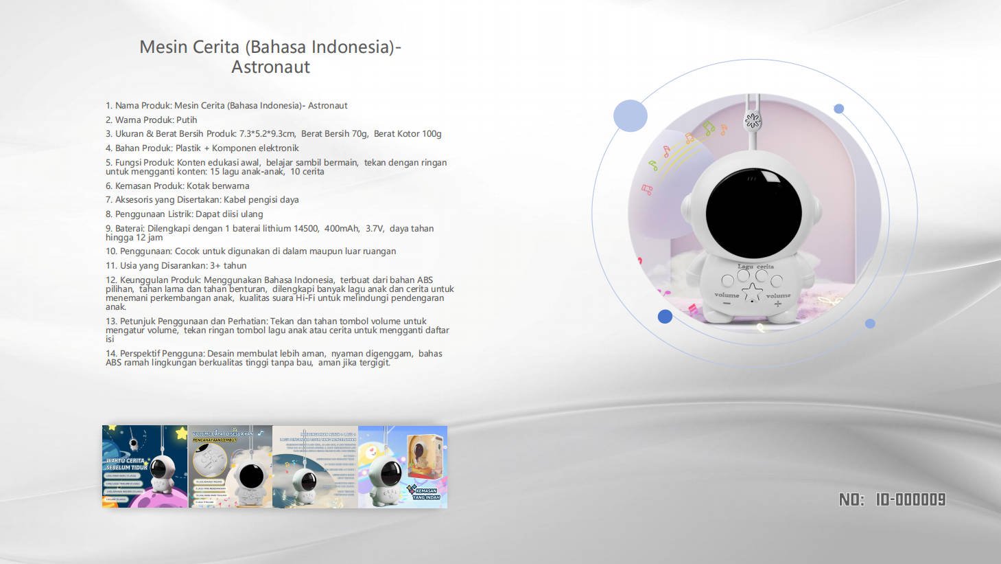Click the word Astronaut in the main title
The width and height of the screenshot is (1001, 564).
[270, 67]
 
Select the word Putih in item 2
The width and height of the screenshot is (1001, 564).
[187, 120]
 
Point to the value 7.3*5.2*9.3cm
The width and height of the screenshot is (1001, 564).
[267, 134]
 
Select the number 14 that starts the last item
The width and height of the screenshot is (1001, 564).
[110, 354]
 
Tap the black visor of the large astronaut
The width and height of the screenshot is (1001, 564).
[753, 212]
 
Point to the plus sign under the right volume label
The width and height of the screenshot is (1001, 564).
[777, 304]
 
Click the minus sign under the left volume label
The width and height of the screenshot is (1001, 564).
[727, 303]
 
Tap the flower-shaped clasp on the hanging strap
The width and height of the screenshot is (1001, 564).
[753, 122]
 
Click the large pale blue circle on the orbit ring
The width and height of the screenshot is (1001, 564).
[630, 115]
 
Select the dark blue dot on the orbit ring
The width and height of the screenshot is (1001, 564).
[665, 316]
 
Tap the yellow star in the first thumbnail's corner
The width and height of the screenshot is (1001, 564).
[181, 433]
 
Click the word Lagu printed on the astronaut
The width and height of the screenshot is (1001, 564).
[745, 267]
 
